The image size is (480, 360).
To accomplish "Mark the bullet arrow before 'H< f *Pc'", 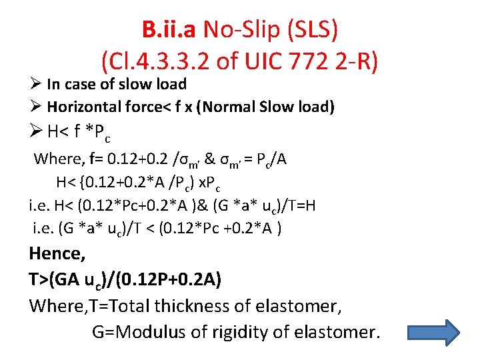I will (36, 132).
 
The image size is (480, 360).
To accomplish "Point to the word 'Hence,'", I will (56, 254).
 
